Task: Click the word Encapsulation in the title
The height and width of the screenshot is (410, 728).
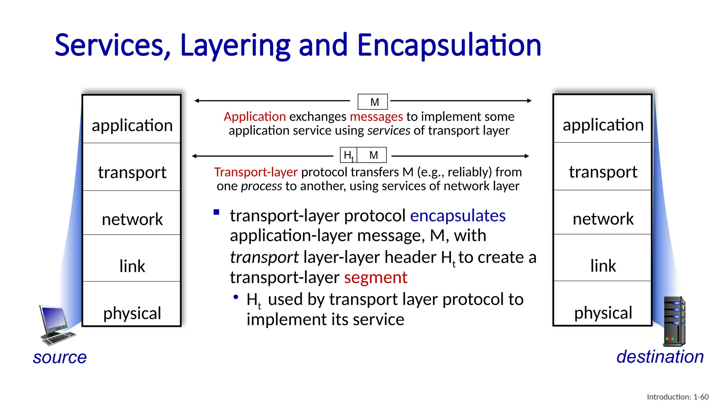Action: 449,45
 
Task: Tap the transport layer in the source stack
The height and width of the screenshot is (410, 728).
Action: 132,172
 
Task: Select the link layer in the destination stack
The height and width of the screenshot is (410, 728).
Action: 603,266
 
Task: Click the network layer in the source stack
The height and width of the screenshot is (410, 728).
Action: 132,219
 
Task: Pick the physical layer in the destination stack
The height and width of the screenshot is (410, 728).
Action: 603,312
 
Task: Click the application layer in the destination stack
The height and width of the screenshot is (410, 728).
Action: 603,125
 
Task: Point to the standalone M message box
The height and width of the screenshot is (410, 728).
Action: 373,102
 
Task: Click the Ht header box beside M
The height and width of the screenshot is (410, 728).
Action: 348,155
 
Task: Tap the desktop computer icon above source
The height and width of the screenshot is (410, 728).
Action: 56,325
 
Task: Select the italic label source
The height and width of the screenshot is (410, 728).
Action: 60,357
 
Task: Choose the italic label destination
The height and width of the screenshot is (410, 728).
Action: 660,357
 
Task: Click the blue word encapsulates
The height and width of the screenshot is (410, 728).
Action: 457,216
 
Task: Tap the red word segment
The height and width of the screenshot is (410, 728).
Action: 375,277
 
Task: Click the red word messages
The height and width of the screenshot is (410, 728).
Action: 376,116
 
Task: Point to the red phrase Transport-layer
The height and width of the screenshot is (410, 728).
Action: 256,172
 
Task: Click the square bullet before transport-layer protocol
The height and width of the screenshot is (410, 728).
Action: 216,212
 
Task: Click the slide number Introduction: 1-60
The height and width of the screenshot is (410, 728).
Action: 678,397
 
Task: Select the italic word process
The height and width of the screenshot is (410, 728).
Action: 261,186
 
